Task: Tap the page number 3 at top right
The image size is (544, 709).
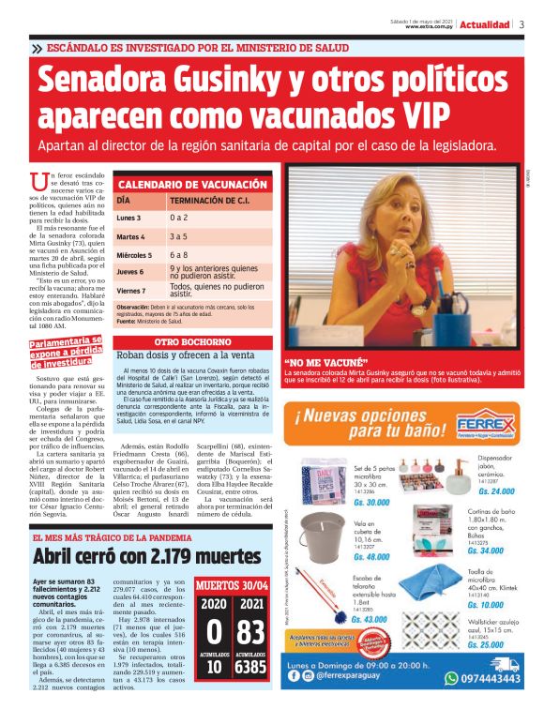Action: pyautogui.click(x=521, y=24)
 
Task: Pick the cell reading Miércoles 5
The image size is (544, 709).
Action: pyautogui.click(x=133, y=254)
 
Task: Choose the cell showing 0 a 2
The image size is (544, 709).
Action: pyautogui.click(x=178, y=218)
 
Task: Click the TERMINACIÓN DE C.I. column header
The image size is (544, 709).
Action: pyautogui.click(x=208, y=201)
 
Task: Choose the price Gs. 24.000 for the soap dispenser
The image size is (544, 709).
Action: pyautogui.click(x=496, y=491)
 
